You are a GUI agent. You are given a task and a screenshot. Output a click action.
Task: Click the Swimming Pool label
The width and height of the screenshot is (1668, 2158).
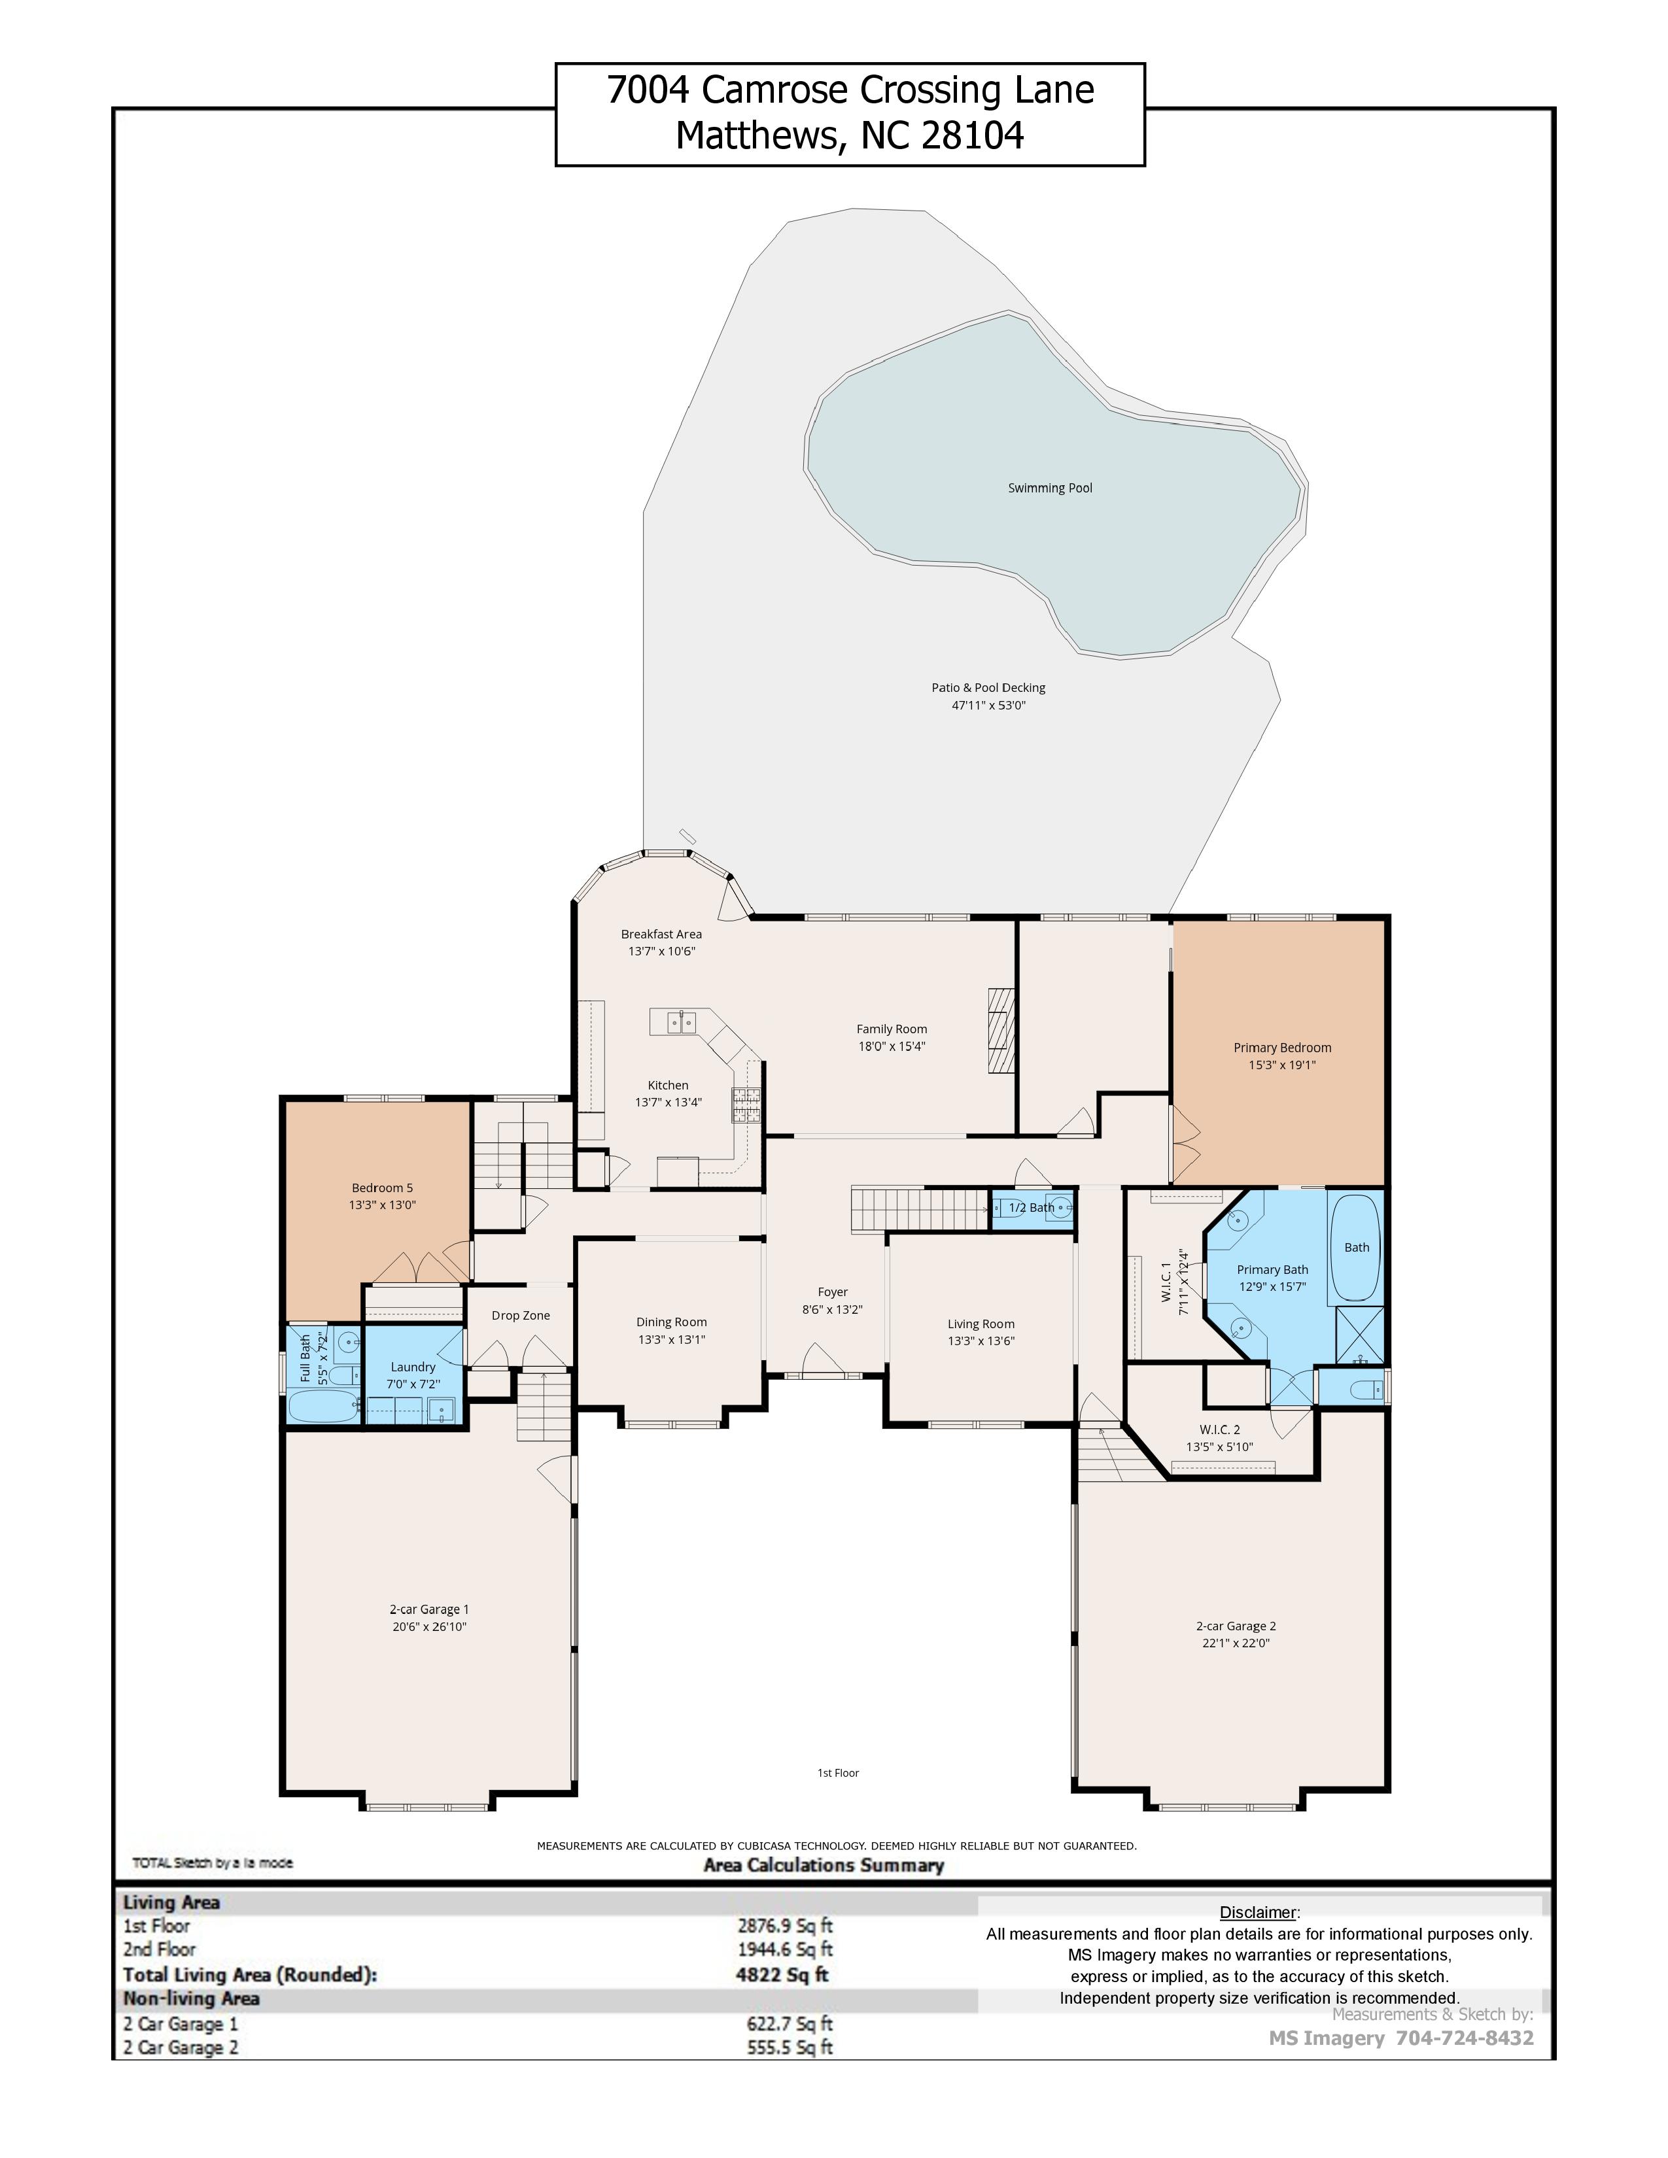coord(1049,488)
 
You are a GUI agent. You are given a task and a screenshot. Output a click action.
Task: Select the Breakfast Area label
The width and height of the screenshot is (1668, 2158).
coord(661,934)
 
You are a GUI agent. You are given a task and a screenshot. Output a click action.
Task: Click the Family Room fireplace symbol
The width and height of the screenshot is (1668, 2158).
coord(1001,1029)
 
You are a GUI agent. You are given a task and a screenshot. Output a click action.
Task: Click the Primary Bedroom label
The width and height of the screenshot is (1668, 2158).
coord(1281,1048)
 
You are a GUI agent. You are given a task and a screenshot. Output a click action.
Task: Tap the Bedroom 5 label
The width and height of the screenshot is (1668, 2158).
coord(383,1188)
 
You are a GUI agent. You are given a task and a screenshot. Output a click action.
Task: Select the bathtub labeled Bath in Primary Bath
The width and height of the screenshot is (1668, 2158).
coord(1356,1248)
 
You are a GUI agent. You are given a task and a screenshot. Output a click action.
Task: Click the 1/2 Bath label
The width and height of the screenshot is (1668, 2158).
coord(1032,1207)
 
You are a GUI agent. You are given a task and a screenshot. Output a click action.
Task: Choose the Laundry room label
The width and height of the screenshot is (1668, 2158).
coord(413,1367)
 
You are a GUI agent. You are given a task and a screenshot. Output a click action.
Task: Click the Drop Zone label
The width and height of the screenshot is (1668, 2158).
coord(521,1315)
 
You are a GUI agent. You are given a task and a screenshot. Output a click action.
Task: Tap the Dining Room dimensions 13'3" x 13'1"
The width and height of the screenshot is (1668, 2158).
coord(671,1340)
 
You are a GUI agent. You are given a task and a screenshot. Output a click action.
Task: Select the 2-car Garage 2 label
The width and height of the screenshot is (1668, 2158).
coord(1236,1626)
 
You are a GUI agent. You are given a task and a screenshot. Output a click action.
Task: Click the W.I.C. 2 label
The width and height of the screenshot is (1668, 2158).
coord(1219,1430)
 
